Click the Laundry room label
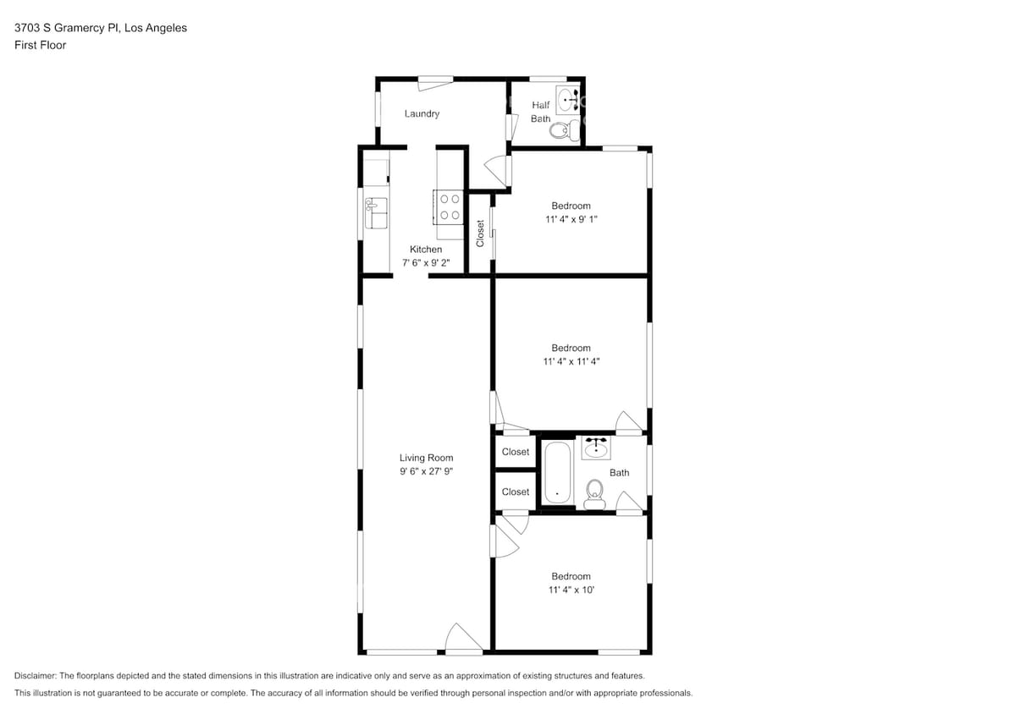422,113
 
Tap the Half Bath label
541,112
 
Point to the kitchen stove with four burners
449,207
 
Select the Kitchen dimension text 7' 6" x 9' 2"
426,263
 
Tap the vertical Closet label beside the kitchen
480,233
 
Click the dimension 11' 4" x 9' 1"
571,219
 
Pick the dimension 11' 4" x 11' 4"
571,361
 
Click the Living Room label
427,458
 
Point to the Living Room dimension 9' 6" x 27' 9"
427,472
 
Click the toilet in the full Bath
594,492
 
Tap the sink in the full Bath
596,447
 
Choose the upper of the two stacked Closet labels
516,452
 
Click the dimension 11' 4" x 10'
571,590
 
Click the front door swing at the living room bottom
462,639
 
